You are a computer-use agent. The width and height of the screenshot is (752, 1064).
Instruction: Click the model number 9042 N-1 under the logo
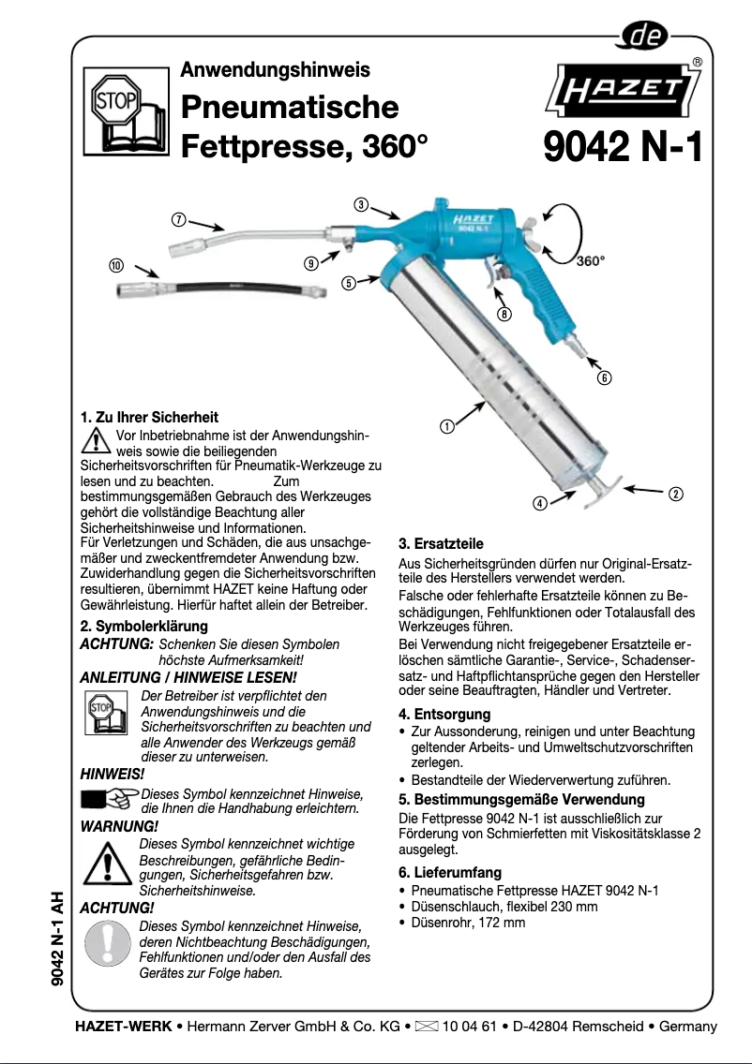point(623,146)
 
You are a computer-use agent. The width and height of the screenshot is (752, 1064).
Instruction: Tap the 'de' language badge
point(646,37)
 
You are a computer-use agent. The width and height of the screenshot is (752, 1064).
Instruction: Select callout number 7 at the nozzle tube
point(177,220)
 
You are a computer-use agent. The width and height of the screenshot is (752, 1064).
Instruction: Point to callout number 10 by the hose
point(115,265)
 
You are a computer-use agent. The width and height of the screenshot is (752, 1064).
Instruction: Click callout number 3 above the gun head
point(360,204)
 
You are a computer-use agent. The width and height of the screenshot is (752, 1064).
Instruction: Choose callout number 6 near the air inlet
point(605,378)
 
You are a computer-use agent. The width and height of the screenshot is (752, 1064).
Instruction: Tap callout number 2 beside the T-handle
point(675,494)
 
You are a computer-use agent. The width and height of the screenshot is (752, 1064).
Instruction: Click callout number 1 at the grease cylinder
point(447,427)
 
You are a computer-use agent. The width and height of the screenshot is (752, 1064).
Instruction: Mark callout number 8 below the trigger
point(504,315)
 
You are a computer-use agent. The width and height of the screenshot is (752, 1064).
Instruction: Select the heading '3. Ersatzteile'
point(441,543)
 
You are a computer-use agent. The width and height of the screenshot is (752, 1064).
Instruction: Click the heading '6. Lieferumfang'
point(450,873)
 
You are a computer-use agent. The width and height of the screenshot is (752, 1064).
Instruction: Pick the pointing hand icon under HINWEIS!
point(109,799)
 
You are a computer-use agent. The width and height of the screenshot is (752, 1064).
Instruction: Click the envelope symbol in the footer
point(426,1026)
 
